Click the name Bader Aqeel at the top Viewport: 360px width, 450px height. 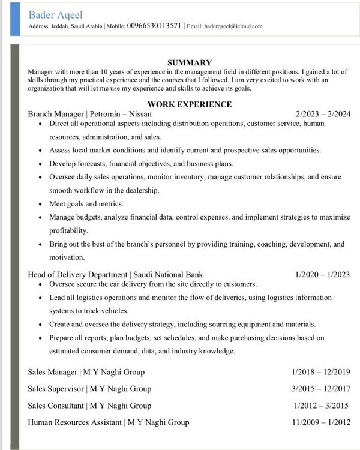pyautogui.click(x=55, y=14)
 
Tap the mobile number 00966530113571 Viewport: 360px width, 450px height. pyautogui.click(x=154, y=26)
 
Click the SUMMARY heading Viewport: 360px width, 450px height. pyautogui.click(x=189, y=62)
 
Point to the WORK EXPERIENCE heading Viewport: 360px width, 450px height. pyautogui.click(x=189, y=104)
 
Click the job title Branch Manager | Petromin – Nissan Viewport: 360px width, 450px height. pyautogui.click(x=89, y=113)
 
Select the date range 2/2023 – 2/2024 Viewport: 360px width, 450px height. pyautogui.click(x=323, y=113)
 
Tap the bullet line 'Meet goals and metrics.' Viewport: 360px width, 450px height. pyautogui.click(x=86, y=204)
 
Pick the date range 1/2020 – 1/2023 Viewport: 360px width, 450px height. pyautogui.click(x=322, y=275)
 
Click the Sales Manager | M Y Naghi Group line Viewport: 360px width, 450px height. pyautogui.click(x=86, y=372)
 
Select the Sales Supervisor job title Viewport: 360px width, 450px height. pyautogui.click(x=89, y=389)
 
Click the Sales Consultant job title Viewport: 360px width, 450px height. pyautogui.click(x=89, y=406)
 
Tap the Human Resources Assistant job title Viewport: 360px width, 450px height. pyautogui.click(x=108, y=422)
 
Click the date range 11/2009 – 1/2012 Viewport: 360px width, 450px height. pyautogui.click(x=322, y=422)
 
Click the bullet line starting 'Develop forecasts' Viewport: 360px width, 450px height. pyautogui.click(x=141, y=163)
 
